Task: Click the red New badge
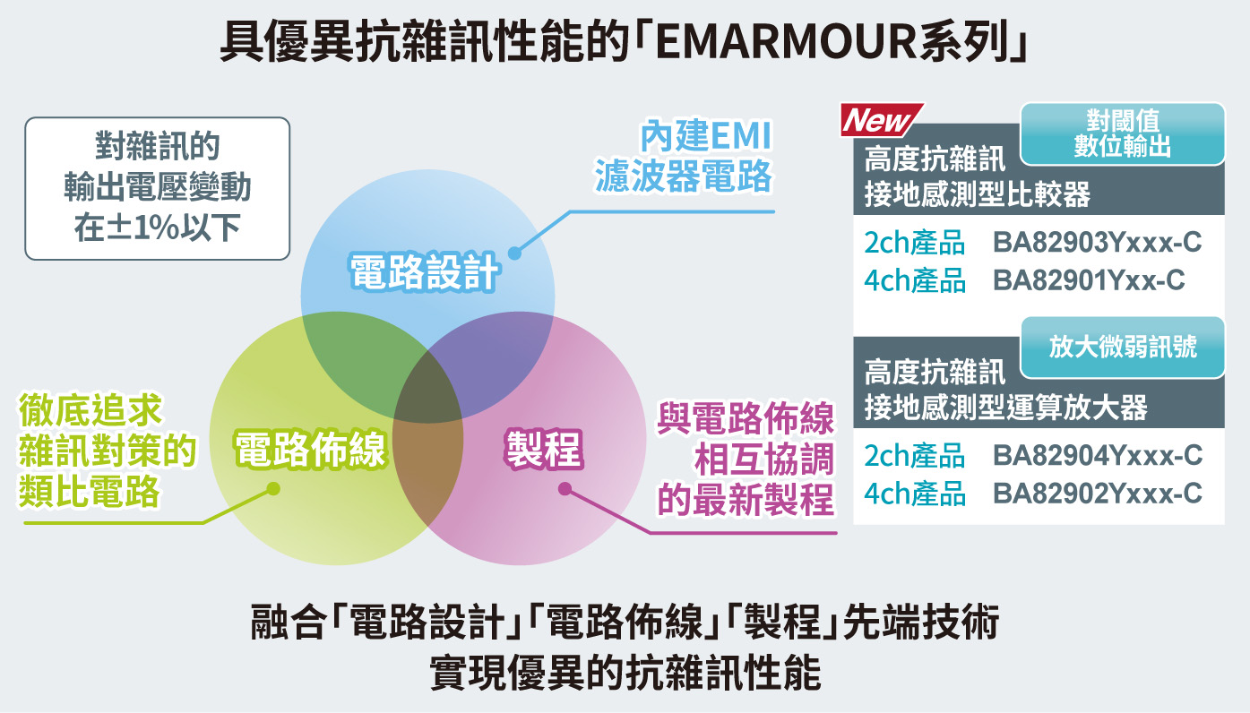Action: coord(881,119)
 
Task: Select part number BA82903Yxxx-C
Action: coord(1097,243)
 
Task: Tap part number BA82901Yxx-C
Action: coord(1089,280)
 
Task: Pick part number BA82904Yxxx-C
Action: coord(1098,456)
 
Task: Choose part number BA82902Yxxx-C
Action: coord(1097,494)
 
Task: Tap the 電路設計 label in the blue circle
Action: coord(424,272)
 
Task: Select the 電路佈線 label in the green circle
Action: coord(310,449)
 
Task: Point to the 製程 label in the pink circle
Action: coord(544,449)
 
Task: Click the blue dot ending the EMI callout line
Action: coord(515,253)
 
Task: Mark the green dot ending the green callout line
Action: coord(273,489)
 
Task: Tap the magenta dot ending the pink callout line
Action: coord(565,489)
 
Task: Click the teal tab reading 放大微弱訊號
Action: coord(1123,348)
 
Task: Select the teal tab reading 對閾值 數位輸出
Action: coord(1123,133)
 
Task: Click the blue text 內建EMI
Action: coord(706,135)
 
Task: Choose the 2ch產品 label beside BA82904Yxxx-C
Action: coord(915,456)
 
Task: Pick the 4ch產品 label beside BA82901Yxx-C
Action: coord(915,280)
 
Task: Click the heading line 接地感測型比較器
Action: coord(977,194)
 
